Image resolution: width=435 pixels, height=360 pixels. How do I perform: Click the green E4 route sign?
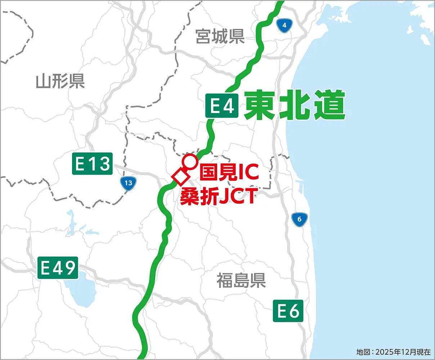pos(222,106)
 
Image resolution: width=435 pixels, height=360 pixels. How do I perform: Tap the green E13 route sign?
pos(92,164)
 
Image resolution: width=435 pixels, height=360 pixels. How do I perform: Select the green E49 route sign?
pos(58,268)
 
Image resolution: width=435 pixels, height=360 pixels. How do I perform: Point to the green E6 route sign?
pos(288,311)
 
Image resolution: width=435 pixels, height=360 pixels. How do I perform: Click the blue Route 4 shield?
pos(284,25)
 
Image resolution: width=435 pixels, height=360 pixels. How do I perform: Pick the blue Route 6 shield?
pos(299,219)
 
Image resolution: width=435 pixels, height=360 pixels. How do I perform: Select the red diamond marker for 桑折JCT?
pos(180,177)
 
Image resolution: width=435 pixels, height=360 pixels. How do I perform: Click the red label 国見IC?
pos(229,172)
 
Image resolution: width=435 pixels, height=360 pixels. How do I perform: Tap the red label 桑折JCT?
pos(217,197)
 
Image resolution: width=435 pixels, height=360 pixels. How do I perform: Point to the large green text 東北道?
pos(294,105)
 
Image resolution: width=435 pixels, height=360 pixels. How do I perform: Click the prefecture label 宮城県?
pos(220,36)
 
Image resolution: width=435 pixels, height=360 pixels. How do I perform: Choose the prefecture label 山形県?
pos(60,81)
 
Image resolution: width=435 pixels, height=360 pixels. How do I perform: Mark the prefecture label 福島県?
pos(241,280)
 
